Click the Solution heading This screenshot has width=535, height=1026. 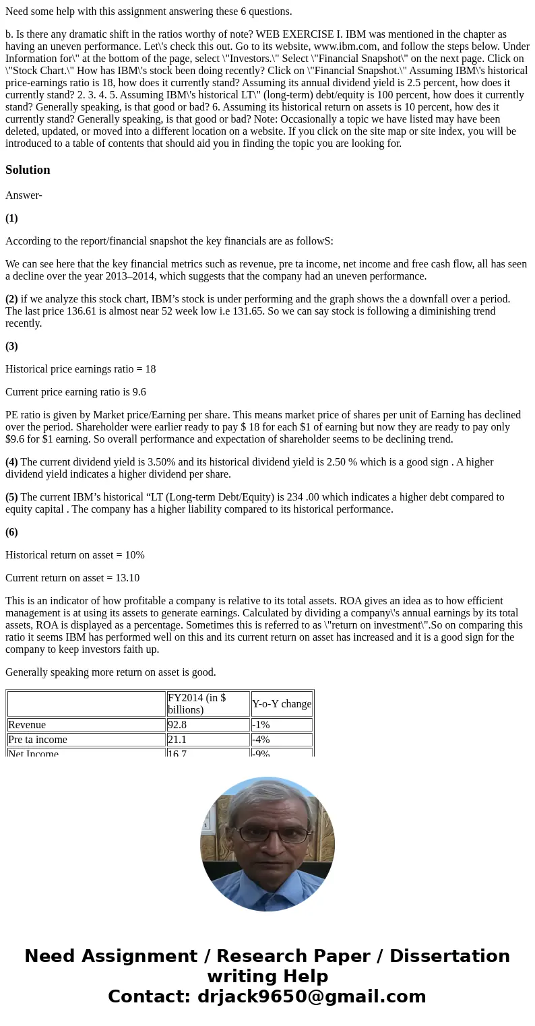click(x=28, y=170)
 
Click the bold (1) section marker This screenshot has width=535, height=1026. click(x=11, y=218)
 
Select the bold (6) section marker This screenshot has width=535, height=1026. click(x=11, y=532)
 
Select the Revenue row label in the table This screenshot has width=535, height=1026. click(x=27, y=725)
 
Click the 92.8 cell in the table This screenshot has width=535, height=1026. click(x=179, y=725)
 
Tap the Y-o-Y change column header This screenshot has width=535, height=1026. click(x=282, y=704)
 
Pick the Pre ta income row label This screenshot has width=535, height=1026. click(x=38, y=740)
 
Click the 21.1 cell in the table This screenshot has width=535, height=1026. click(x=178, y=740)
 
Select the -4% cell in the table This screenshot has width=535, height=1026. click(x=261, y=740)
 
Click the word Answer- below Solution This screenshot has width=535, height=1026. click(x=24, y=195)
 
